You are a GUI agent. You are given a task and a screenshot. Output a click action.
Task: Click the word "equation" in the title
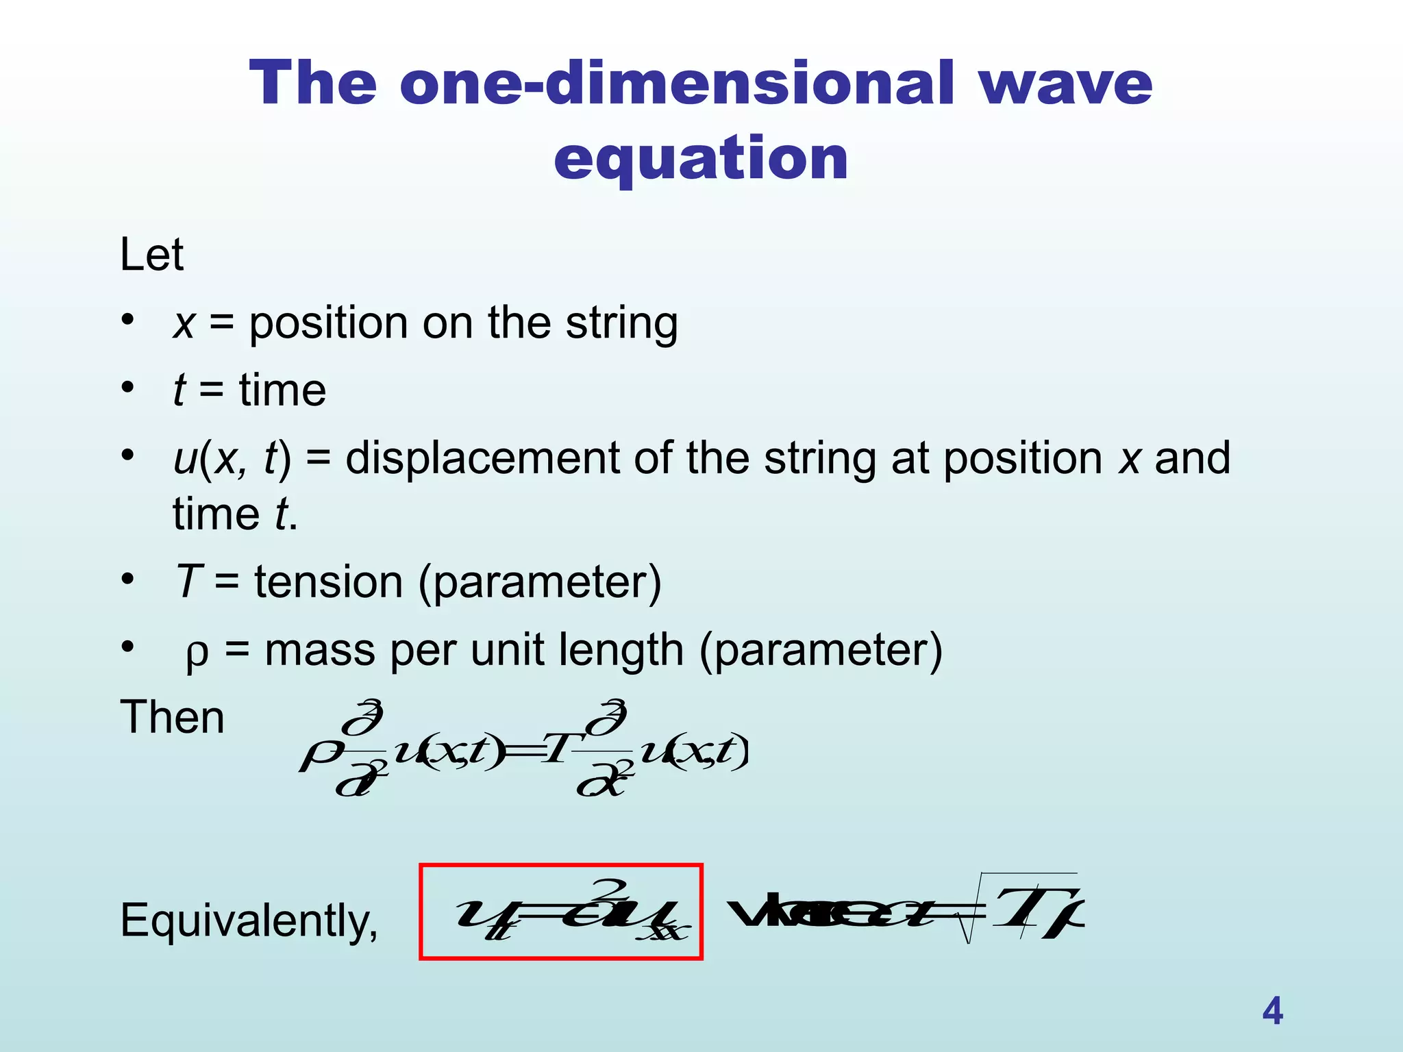point(701,159)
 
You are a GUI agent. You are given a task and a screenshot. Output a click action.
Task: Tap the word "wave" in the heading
point(1065,84)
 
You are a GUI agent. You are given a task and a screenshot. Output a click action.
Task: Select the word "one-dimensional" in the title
point(676,84)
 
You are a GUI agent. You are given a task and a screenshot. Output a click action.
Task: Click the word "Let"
point(151,255)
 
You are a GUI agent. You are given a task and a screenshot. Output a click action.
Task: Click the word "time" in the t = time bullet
point(282,391)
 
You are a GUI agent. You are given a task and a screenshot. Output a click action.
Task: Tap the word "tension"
point(329,582)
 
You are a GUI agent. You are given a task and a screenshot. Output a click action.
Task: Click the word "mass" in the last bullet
point(320,650)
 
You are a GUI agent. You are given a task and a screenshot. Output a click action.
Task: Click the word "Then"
point(172,718)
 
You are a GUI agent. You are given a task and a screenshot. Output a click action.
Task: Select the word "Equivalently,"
point(249,920)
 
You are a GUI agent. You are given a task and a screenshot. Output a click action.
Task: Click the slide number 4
point(1272,1011)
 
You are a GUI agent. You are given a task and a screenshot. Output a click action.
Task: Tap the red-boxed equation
point(561,912)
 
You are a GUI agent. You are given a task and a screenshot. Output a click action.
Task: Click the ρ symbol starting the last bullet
point(197,654)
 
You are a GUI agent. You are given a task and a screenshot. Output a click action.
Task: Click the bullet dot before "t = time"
point(128,388)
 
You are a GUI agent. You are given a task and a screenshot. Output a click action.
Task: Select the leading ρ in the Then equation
point(319,757)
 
